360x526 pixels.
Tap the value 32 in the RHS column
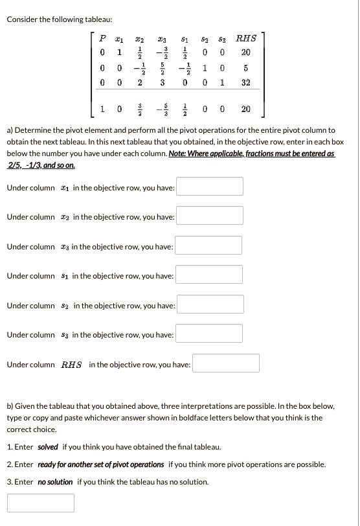point(245,83)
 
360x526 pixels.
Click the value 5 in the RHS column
point(245,68)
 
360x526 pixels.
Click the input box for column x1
point(210,187)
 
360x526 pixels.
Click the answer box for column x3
point(209,246)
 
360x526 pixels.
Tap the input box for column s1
point(209,275)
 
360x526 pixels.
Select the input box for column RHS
point(226,363)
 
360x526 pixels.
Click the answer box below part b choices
point(41,503)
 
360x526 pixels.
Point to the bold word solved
point(48,447)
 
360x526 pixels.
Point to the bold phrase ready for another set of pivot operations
point(100,464)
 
